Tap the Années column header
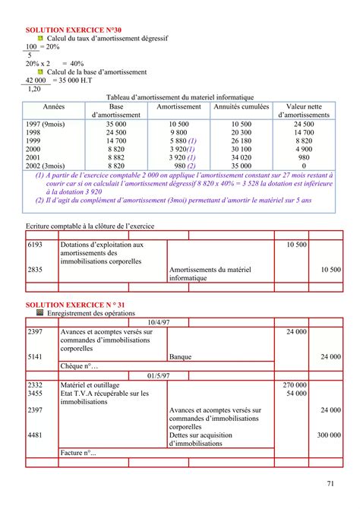[54, 108]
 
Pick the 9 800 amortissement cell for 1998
[178, 131]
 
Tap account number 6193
[35, 245]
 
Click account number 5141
[35, 356]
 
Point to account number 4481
[35, 435]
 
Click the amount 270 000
[294, 386]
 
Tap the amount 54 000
[296, 394]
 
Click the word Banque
[181, 356]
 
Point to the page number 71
[330, 484]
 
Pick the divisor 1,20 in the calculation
[34, 88]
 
